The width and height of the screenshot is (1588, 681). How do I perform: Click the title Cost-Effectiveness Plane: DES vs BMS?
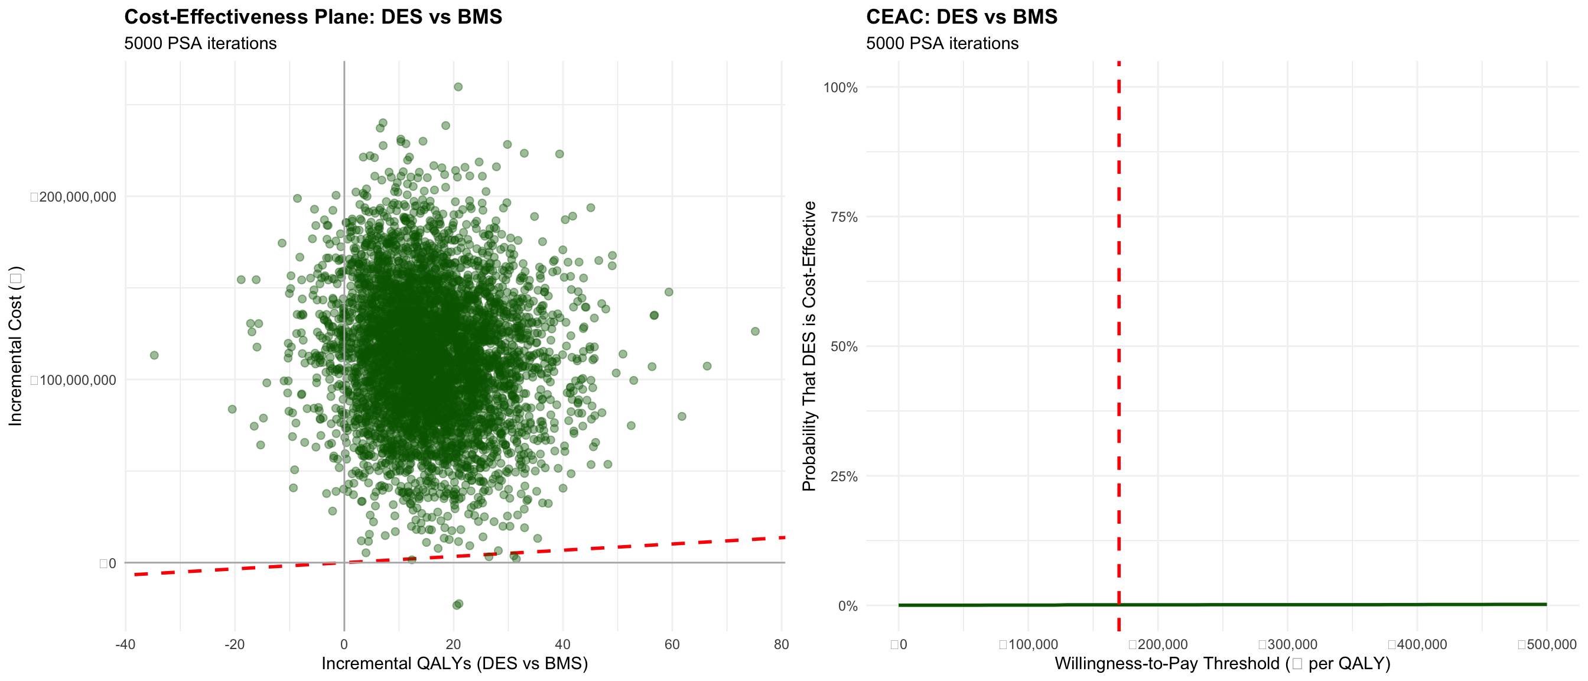tap(313, 17)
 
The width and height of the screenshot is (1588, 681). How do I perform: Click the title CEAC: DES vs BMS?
tap(961, 17)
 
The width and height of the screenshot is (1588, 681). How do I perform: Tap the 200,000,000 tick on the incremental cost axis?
tap(74, 197)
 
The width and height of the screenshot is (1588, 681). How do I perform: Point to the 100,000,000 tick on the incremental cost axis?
tap(74, 380)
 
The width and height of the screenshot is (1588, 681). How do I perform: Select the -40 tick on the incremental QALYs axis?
tap(125, 644)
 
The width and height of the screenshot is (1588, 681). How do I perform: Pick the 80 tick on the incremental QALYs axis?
tap(781, 644)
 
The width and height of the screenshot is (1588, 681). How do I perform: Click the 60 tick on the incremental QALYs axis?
tap(672, 644)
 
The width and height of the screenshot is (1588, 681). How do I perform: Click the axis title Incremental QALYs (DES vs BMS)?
tap(454, 664)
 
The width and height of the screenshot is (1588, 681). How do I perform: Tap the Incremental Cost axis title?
tap(15, 345)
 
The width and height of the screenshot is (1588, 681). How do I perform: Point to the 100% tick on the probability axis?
tap(840, 87)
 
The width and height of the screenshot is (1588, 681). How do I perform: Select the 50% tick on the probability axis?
tap(843, 346)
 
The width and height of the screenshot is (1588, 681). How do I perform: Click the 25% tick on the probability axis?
tap(843, 476)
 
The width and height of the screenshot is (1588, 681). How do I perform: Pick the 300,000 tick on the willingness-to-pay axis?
tap(1288, 644)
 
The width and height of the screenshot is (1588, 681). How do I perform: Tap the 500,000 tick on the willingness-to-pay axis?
tap(1547, 644)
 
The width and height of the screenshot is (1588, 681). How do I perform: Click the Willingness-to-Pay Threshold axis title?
tap(1222, 664)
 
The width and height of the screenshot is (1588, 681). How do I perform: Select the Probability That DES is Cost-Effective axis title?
tap(809, 345)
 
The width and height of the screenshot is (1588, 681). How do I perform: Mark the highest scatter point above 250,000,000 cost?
tap(458, 87)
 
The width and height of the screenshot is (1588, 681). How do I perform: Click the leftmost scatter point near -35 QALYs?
tap(154, 355)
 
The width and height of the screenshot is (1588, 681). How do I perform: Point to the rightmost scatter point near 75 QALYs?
tap(755, 331)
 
